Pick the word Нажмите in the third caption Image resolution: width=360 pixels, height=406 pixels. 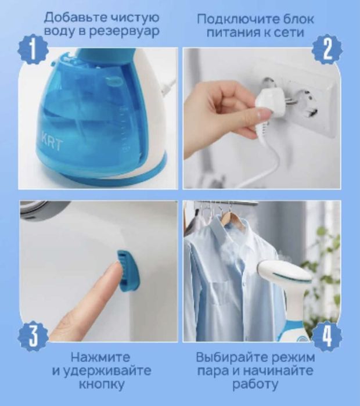100,357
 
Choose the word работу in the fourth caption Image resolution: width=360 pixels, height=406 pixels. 255,385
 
